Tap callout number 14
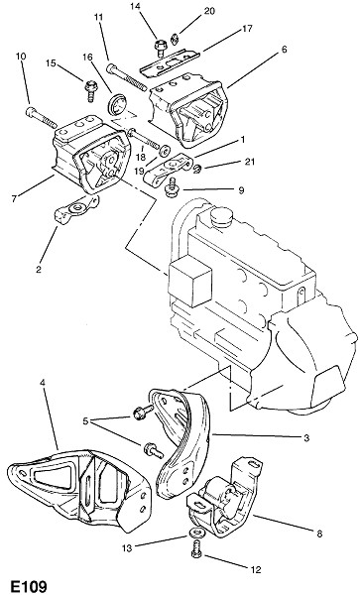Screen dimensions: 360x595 click(x=136, y=7)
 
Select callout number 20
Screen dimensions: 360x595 click(x=209, y=11)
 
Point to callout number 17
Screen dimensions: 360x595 click(x=247, y=29)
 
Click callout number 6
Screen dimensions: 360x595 click(x=284, y=50)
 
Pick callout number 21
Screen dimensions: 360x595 click(x=249, y=162)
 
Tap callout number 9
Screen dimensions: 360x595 click(x=241, y=189)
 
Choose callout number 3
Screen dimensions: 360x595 click(x=306, y=438)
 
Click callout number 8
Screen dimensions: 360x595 click(x=319, y=534)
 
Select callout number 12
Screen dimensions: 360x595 click(x=256, y=569)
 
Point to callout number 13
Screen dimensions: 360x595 click(x=127, y=548)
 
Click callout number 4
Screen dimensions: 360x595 click(x=42, y=383)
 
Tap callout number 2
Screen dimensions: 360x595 click(x=39, y=270)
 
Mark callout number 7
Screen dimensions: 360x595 click(x=14, y=198)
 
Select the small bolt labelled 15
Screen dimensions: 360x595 click(x=90, y=89)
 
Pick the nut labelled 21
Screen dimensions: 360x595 click(x=197, y=169)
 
